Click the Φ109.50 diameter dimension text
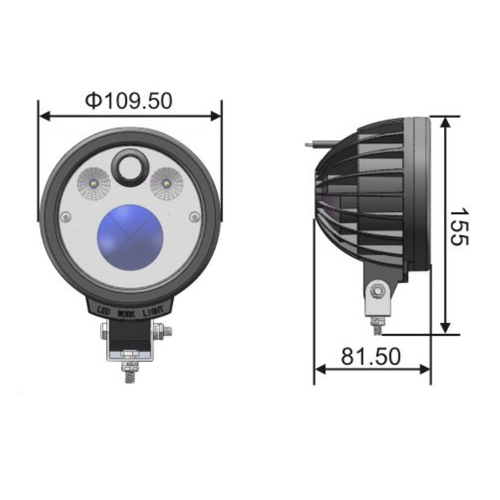coord(129,100)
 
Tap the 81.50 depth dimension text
coord(371,357)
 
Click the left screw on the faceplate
coord(65,217)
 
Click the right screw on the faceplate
coord(194,217)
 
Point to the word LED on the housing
coord(103,310)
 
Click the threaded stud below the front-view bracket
coord(129,371)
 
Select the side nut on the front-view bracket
coord(162,331)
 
